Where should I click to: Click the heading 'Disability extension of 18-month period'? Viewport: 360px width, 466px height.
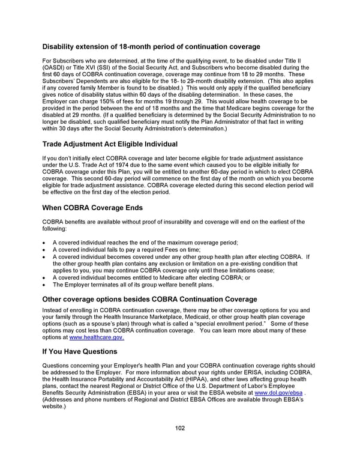151,47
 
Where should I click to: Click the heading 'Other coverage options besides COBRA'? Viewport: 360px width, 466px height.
149,299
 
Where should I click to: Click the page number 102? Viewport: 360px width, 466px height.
180,428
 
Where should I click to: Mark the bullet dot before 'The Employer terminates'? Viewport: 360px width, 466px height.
46,285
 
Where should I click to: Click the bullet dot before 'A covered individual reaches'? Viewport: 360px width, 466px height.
46,243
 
